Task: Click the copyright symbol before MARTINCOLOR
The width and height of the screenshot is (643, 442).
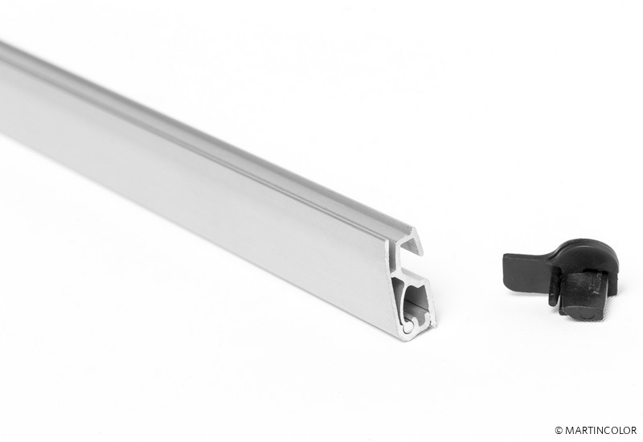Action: pos(559,431)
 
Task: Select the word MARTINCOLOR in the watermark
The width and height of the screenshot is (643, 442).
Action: pos(600,431)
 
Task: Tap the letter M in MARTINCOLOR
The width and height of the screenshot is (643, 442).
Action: pos(569,431)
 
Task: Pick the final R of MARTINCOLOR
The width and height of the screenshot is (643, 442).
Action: pos(633,431)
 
